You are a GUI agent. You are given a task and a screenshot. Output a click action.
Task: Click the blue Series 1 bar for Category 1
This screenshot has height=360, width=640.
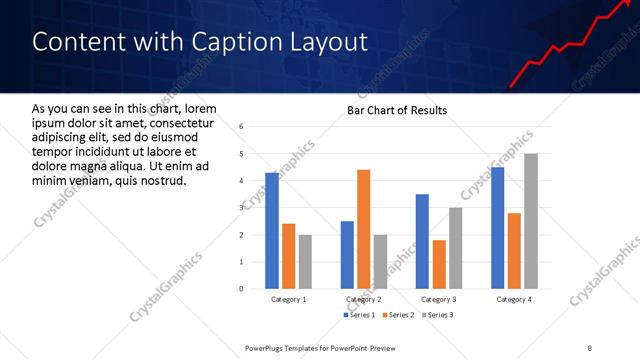click(x=272, y=230)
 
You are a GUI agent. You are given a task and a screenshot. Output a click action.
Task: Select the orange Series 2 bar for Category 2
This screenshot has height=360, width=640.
click(x=363, y=229)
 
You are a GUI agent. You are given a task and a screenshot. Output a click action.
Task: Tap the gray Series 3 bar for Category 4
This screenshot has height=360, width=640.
click(x=531, y=221)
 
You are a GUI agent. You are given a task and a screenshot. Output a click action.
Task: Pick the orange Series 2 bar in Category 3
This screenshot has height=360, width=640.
click(x=439, y=264)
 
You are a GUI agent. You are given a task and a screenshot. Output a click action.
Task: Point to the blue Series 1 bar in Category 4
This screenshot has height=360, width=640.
click(x=498, y=228)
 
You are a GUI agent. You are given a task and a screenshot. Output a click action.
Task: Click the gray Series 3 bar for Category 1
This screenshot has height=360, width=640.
click(x=305, y=261)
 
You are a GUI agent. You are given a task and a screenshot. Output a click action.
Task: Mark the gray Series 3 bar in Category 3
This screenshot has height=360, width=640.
click(x=455, y=248)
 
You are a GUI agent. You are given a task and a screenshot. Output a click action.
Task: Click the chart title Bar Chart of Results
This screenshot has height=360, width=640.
click(x=397, y=110)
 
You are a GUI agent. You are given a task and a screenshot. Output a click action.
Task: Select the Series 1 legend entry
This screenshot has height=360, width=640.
click(x=362, y=315)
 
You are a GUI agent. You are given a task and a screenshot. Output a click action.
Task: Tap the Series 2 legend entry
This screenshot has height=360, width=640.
click(x=398, y=315)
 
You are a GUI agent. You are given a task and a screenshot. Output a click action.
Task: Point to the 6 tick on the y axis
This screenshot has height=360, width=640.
click(x=241, y=126)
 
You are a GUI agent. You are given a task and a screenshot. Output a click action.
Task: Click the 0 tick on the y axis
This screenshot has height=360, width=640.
click(x=241, y=288)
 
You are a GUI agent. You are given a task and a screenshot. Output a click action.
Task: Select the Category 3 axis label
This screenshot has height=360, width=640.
click(x=439, y=299)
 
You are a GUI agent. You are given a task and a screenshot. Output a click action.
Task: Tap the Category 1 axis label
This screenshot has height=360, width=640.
click(x=289, y=299)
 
